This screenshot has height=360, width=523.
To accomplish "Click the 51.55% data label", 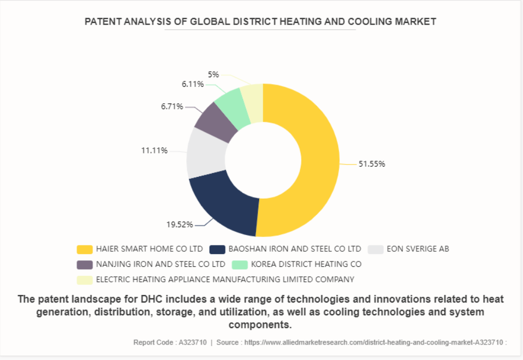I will tap(371, 164).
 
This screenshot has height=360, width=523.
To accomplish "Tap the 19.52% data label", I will tap(179, 225).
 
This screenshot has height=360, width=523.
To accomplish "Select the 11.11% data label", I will tap(154, 151).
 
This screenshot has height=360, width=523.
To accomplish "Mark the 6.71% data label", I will tap(172, 107).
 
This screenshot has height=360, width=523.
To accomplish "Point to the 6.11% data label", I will tap(192, 84).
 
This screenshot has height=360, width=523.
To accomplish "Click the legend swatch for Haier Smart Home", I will tap(85, 249).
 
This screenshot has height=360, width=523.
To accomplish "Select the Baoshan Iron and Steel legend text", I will tap(295, 249).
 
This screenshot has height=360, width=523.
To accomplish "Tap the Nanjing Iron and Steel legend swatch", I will tap(85, 264).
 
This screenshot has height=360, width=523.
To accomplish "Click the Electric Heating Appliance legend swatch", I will tap(85, 279).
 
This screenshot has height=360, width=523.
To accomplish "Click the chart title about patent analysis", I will tap(260, 22).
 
